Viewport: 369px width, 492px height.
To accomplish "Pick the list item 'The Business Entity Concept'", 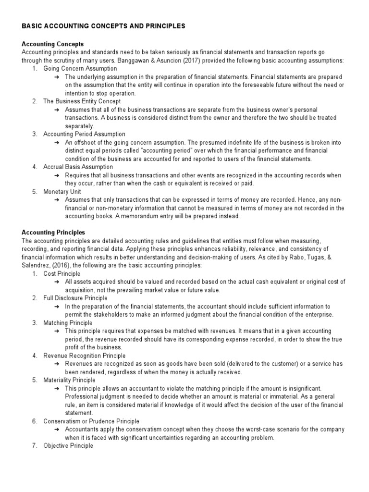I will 82,101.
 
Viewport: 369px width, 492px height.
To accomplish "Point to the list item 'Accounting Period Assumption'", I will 84,134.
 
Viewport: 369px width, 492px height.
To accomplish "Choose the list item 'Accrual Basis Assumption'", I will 78,167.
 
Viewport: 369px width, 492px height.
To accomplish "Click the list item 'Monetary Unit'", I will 62,191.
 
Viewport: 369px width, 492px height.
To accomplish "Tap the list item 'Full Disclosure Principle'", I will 75,298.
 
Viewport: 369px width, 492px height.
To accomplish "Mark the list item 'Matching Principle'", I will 68,323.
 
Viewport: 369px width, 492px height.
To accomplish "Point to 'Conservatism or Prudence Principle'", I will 91,421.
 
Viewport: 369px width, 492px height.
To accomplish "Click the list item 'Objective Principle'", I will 68,446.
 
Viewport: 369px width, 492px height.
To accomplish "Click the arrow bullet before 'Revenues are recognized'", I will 57,364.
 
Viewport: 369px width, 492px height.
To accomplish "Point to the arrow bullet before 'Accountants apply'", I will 57,430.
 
